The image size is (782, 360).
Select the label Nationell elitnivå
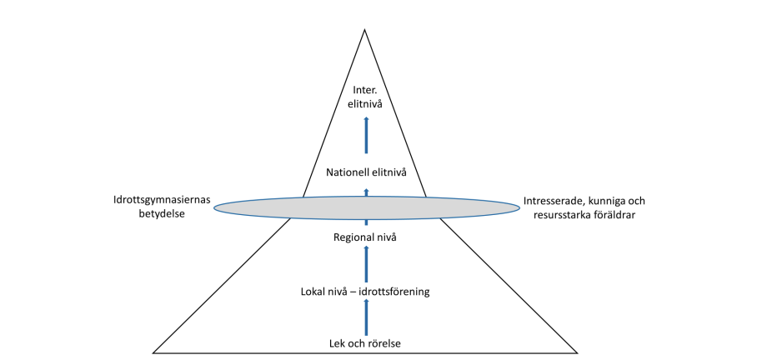365,172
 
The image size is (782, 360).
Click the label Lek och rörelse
365,342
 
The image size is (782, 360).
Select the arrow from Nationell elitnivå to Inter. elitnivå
365,135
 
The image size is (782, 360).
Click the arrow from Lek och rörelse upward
365,317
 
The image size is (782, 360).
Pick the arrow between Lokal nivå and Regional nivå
365,265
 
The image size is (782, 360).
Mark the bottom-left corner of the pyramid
153,352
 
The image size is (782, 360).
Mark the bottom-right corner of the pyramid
577,352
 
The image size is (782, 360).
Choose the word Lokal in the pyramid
314,292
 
